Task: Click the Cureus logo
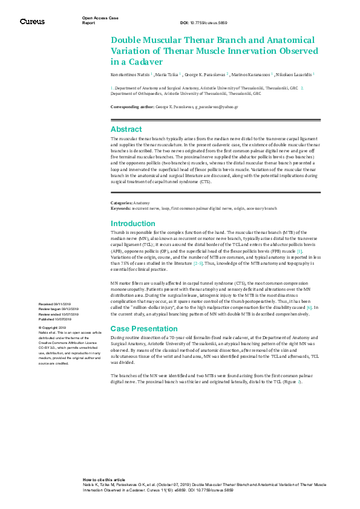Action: [x=32, y=21]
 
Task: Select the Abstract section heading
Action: [x=126, y=129]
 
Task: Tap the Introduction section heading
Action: [x=133, y=224]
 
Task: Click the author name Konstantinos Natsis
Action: [x=130, y=74]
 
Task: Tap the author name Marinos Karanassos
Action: [x=251, y=74]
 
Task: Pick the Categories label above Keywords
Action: [x=121, y=203]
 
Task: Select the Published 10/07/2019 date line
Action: [x=55, y=319]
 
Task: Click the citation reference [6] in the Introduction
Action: [x=309, y=308]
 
